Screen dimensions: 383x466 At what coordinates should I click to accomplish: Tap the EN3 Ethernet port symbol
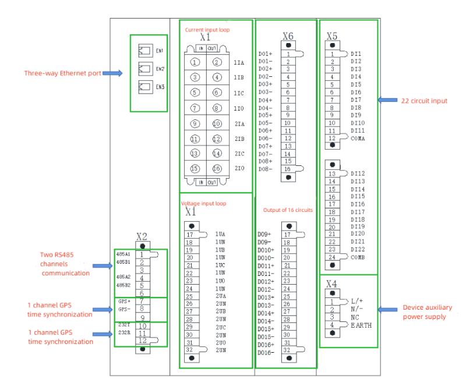[x=143, y=87]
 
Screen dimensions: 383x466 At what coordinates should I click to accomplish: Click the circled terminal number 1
[x=196, y=62]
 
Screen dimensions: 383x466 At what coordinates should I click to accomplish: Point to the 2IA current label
[x=239, y=123]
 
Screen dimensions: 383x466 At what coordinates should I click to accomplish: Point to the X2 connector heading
[x=141, y=236]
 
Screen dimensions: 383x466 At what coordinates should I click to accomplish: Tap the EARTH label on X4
[x=361, y=325]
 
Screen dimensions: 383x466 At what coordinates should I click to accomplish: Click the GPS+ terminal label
[x=123, y=302]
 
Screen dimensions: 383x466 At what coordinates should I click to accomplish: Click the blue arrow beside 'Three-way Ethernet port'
[x=113, y=74]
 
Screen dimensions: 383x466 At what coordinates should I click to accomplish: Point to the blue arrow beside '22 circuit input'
[x=387, y=100]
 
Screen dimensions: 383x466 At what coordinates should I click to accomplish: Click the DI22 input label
[x=359, y=249]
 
